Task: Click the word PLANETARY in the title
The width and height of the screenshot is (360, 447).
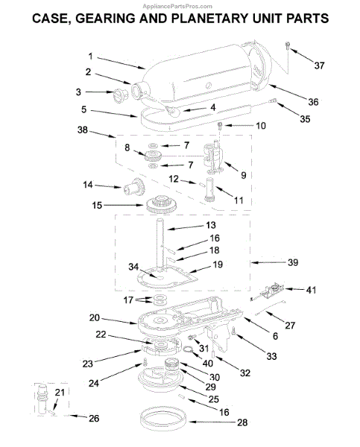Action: (x=209, y=19)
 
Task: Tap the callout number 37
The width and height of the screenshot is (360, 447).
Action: (x=319, y=66)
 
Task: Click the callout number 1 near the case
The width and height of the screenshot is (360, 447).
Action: (x=90, y=57)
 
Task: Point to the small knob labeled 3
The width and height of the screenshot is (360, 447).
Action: (x=120, y=95)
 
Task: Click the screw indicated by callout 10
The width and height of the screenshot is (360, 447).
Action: (x=220, y=126)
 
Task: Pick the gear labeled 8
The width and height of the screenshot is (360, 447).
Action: (x=153, y=156)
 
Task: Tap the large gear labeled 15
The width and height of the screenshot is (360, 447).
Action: (x=162, y=204)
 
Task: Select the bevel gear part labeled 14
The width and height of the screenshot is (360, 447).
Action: (x=134, y=186)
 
